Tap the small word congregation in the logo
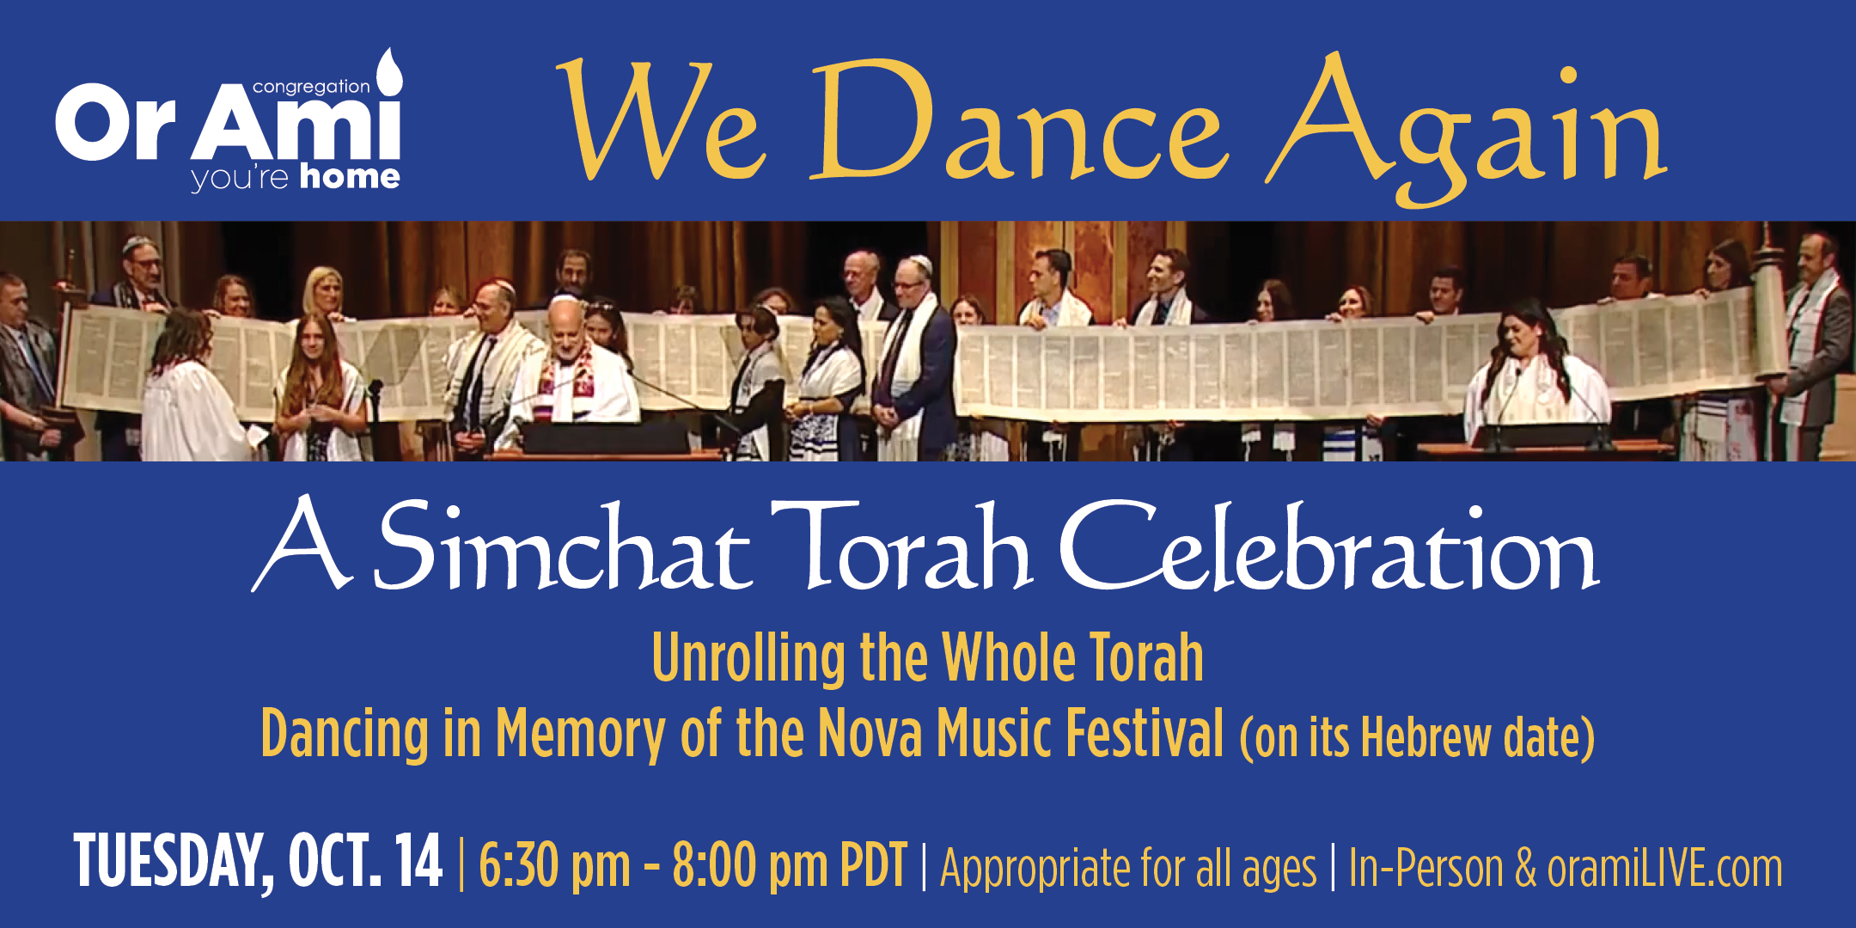point(311,87)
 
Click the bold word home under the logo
point(350,177)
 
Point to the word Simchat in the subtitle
point(564,546)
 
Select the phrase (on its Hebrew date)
point(1417,737)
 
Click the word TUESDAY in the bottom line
point(174,861)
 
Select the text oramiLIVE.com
point(1664,868)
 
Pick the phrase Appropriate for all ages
point(1128,869)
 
